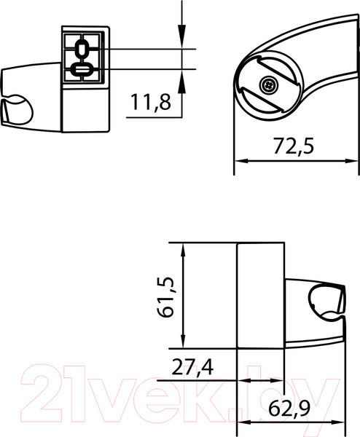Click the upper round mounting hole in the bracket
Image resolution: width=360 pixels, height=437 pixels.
pyautogui.click(x=82, y=50)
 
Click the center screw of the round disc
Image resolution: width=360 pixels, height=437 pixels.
pyautogui.click(x=270, y=85)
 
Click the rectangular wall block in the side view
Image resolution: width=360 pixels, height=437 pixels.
pyautogui.click(x=260, y=295)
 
